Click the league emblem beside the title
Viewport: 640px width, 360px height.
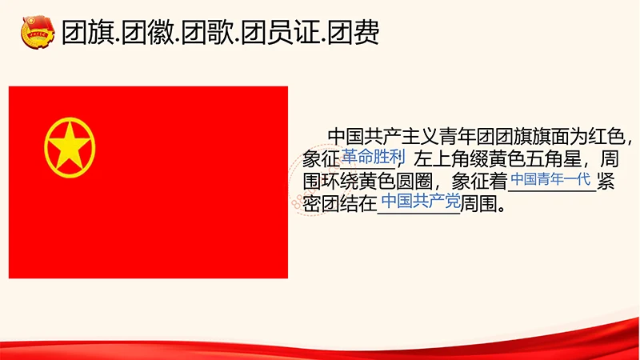point(35,32)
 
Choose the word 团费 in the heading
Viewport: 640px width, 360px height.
point(355,32)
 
